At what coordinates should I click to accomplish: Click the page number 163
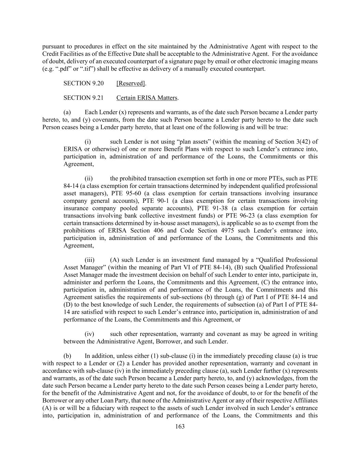click(180, 426)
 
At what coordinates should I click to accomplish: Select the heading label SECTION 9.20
click(84, 83)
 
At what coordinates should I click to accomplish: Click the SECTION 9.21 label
click(84, 98)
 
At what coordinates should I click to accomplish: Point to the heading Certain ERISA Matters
click(147, 98)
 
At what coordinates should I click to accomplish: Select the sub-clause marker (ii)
click(89, 179)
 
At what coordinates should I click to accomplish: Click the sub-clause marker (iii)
click(89, 260)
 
